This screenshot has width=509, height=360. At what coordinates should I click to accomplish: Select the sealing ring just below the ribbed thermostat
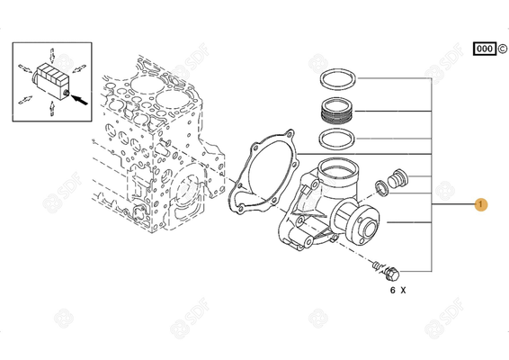tap(339, 140)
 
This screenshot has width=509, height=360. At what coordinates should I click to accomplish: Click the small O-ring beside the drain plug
tap(381, 188)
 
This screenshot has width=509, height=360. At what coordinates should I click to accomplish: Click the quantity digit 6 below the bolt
tap(391, 291)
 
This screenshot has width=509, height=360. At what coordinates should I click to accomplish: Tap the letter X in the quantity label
tap(404, 291)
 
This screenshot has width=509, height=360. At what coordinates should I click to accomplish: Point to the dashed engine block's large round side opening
tap(192, 192)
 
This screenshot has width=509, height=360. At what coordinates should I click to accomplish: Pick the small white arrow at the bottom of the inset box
tap(52, 109)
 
